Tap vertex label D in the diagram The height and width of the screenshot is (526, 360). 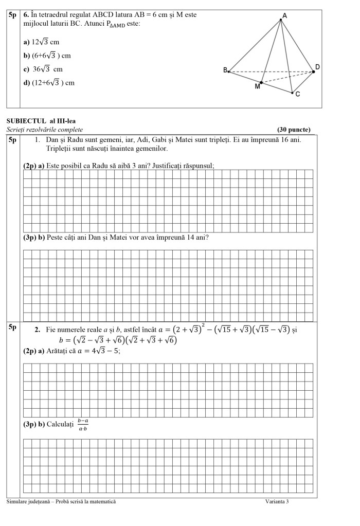[x=317, y=67]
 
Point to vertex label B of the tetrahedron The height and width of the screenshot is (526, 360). [x=225, y=70]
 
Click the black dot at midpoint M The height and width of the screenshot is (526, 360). [x=261, y=82]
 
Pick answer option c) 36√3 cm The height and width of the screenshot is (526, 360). [x=43, y=69]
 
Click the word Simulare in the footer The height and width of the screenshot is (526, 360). [x=18, y=502]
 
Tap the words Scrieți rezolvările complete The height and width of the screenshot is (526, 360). [x=45, y=130]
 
